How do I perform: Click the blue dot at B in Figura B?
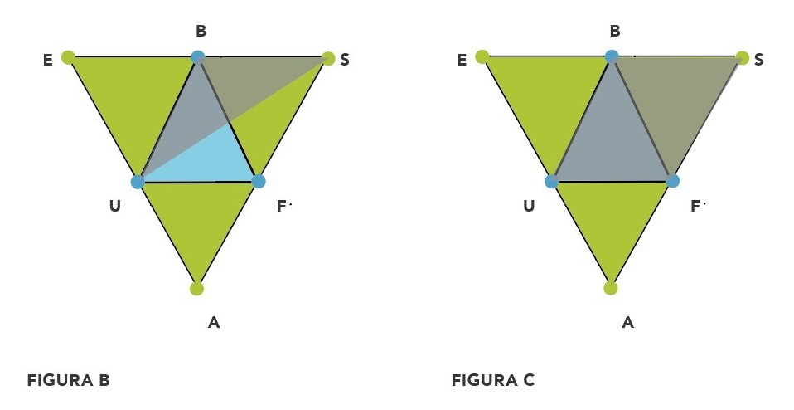197,57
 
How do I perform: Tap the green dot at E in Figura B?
68,57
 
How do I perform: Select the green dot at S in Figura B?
328,58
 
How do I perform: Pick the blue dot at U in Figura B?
138,181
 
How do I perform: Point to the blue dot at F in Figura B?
259,180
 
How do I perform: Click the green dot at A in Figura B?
196,289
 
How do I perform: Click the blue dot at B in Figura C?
612,56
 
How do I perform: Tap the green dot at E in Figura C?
482,56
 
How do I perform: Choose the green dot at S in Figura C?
743,58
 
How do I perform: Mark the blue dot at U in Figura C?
552,181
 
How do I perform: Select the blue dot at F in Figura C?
673,180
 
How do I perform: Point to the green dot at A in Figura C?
611,289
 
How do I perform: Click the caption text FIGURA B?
69,381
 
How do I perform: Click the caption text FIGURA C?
493,381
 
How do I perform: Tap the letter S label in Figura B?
345,61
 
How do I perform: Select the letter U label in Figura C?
529,206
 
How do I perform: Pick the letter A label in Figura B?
214,322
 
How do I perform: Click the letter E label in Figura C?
462,61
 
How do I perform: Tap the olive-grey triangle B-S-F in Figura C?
675,100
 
